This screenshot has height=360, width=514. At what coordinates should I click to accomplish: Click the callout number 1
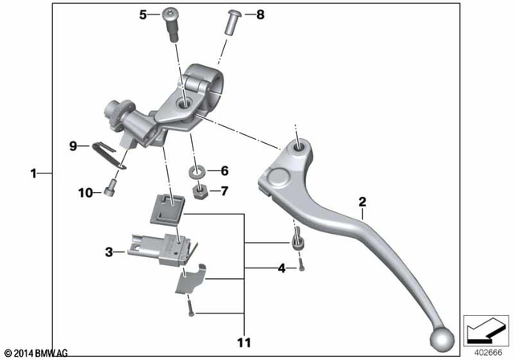click(x=33, y=173)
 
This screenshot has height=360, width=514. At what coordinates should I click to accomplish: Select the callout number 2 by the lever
click(x=362, y=202)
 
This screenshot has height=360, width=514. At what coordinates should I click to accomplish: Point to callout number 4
click(x=281, y=268)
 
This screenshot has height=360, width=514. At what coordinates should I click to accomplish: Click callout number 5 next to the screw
click(x=144, y=14)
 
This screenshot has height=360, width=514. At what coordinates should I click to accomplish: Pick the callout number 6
click(x=224, y=171)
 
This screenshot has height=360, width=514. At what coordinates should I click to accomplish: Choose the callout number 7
click(x=224, y=191)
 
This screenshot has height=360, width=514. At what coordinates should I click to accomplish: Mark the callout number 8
click(x=259, y=14)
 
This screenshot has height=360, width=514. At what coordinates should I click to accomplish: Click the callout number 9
click(x=72, y=145)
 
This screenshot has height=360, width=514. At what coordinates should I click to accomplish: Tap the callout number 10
click(x=84, y=192)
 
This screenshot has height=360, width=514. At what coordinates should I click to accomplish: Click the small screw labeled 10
click(x=110, y=191)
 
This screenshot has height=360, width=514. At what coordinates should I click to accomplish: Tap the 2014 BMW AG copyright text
click(x=39, y=353)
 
